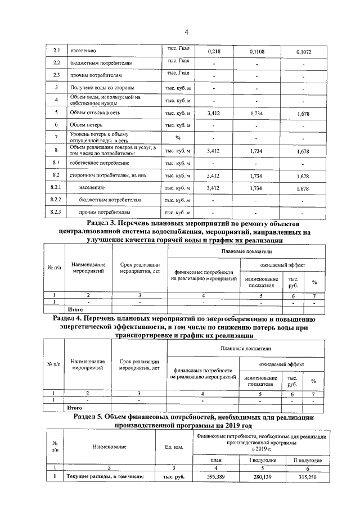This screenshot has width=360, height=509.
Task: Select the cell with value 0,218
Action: tap(214, 52)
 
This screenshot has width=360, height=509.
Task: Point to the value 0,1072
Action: tap(303, 52)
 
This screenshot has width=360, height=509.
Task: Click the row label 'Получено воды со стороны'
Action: tap(100, 88)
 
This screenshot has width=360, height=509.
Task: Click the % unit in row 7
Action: tap(178, 137)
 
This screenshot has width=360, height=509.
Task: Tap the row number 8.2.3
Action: tap(56, 212)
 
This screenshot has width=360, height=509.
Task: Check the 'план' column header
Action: tap(209, 460)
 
